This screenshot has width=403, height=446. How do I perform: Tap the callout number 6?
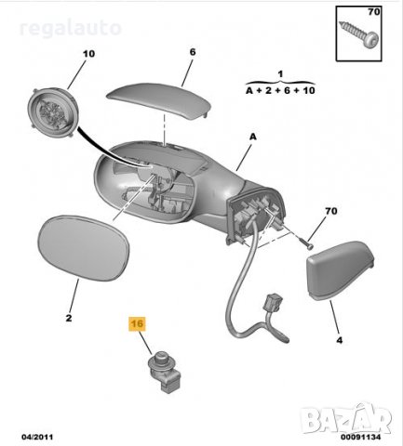(x=192, y=52)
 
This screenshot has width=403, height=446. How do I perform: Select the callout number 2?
(x=68, y=318)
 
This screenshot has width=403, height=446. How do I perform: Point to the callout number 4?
(x=339, y=340)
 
